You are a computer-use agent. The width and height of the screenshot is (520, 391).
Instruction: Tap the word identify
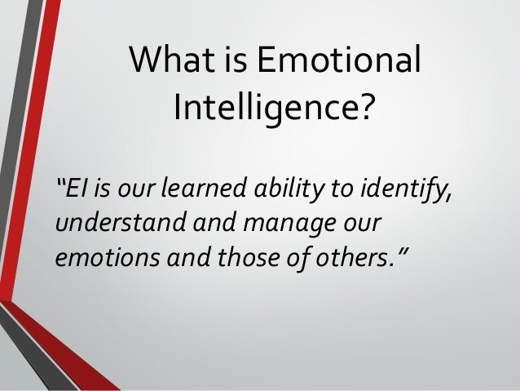pyautogui.click(x=407, y=191)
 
